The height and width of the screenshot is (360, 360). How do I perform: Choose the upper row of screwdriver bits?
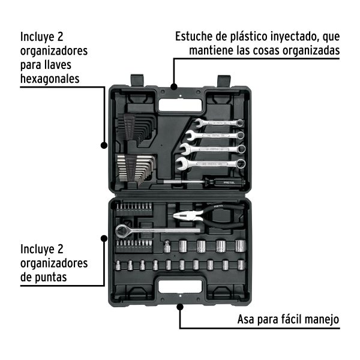click(x=133, y=210)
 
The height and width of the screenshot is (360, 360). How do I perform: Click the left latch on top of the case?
click(x=136, y=79)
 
